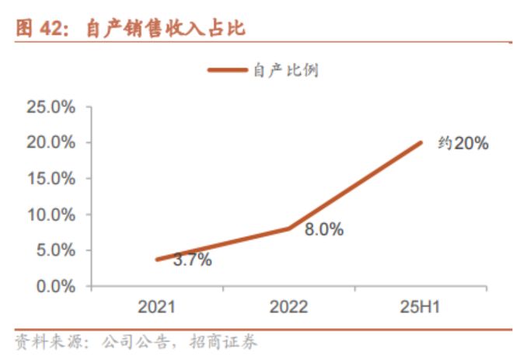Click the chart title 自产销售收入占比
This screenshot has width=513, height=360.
coord(164,30)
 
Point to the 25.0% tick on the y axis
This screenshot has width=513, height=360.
coord(51,107)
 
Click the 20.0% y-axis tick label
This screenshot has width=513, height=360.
coord(51,143)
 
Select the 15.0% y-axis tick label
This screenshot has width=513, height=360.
coord(51,179)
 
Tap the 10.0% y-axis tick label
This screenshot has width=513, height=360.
coord(51,215)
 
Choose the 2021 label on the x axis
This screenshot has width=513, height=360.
coord(157,307)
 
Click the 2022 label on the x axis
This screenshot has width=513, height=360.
coord(288,307)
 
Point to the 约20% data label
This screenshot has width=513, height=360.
coord(462,143)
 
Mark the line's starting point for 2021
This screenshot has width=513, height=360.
coord(157,260)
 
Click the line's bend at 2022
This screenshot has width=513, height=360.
coord(288,229)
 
